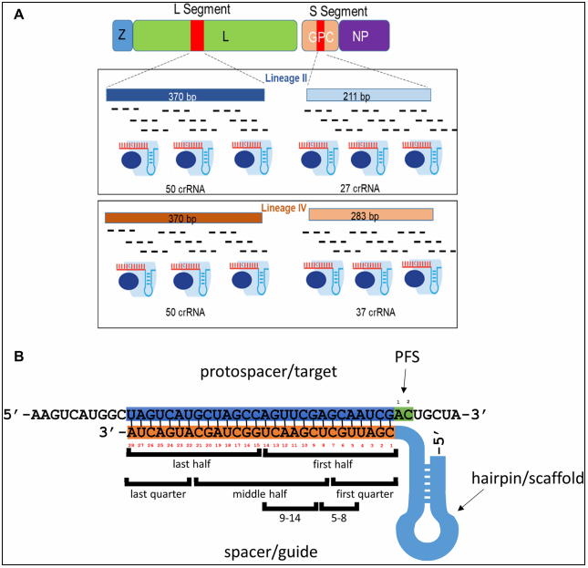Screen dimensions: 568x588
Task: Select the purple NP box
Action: [363, 36]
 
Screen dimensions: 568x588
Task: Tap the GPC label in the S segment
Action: [320, 36]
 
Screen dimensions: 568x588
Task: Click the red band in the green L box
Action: [197, 36]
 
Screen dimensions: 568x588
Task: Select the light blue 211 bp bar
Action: [368, 95]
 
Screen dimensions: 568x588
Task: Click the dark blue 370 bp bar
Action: [185, 95]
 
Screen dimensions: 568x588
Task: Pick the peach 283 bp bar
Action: [370, 215]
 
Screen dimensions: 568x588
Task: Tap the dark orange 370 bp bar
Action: [183, 218]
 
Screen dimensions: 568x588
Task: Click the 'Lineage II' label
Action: [284, 78]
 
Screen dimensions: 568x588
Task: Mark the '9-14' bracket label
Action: [287, 516]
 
